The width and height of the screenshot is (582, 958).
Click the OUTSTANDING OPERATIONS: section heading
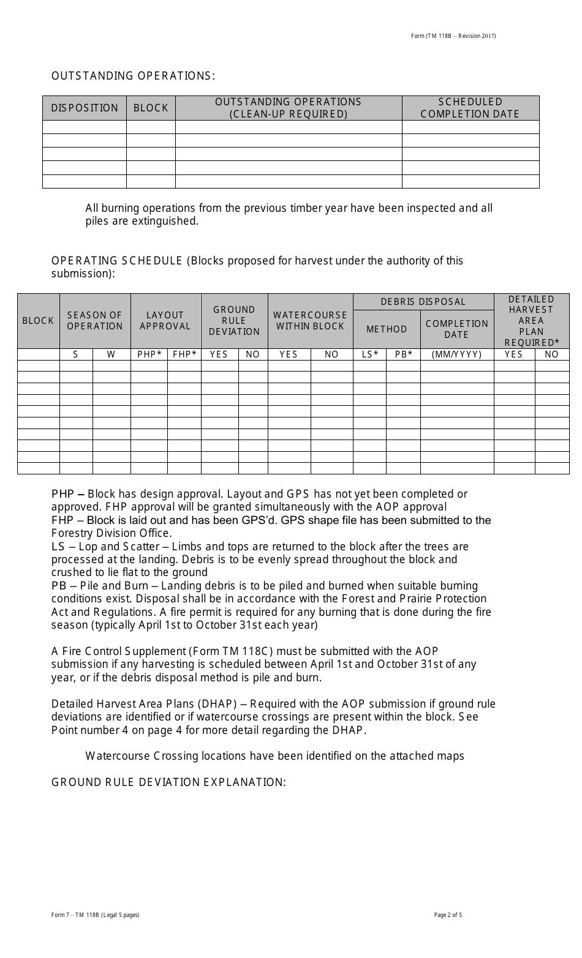click(x=133, y=76)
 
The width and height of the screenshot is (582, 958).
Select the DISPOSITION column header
click(x=85, y=108)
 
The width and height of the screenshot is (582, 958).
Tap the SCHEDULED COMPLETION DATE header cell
click(x=470, y=108)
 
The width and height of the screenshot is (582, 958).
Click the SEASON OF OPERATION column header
click(x=95, y=321)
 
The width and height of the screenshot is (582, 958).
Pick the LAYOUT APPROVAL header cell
click(x=165, y=321)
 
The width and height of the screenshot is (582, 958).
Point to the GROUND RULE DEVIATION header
click(x=234, y=321)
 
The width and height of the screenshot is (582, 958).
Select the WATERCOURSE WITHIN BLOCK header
click(x=310, y=321)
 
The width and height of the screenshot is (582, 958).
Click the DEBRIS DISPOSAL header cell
click(x=423, y=302)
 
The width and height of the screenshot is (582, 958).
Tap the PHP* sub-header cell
click(x=149, y=354)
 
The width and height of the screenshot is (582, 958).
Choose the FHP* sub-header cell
click(x=184, y=354)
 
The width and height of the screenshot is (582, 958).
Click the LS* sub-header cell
click(x=369, y=354)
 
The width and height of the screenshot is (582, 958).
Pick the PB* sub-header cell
click(x=403, y=354)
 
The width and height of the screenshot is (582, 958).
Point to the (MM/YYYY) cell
click(x=457, y=354)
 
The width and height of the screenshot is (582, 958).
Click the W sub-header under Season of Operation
click(x=111, y=354)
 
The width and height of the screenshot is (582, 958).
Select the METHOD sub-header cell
click(x=387, y=329)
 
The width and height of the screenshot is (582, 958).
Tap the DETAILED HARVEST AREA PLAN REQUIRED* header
click(x=531, y=321)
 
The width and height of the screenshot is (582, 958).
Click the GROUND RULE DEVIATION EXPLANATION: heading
click(x=168, y=782)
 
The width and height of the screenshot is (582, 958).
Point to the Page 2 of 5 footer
click(x=448, y=916)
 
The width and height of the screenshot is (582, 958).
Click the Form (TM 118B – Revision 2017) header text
click(x=453, y=36)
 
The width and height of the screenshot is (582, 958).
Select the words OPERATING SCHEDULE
click(x=116, y=261)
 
